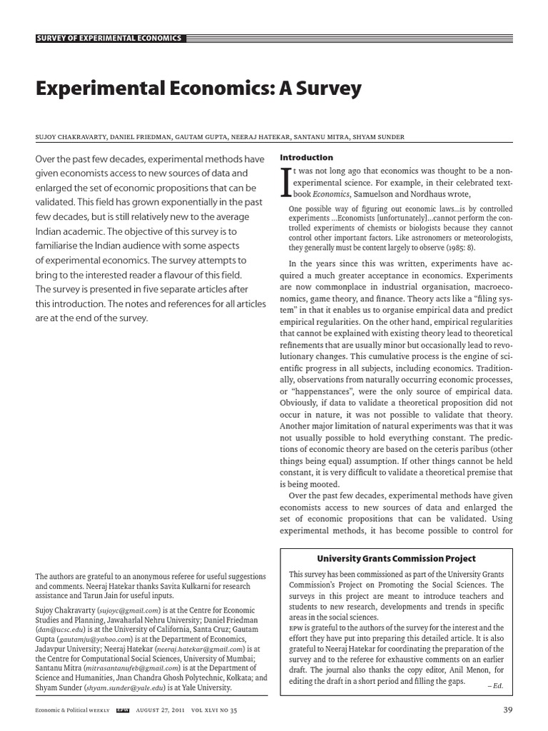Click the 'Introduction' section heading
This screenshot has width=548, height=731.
tap(306, 157)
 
